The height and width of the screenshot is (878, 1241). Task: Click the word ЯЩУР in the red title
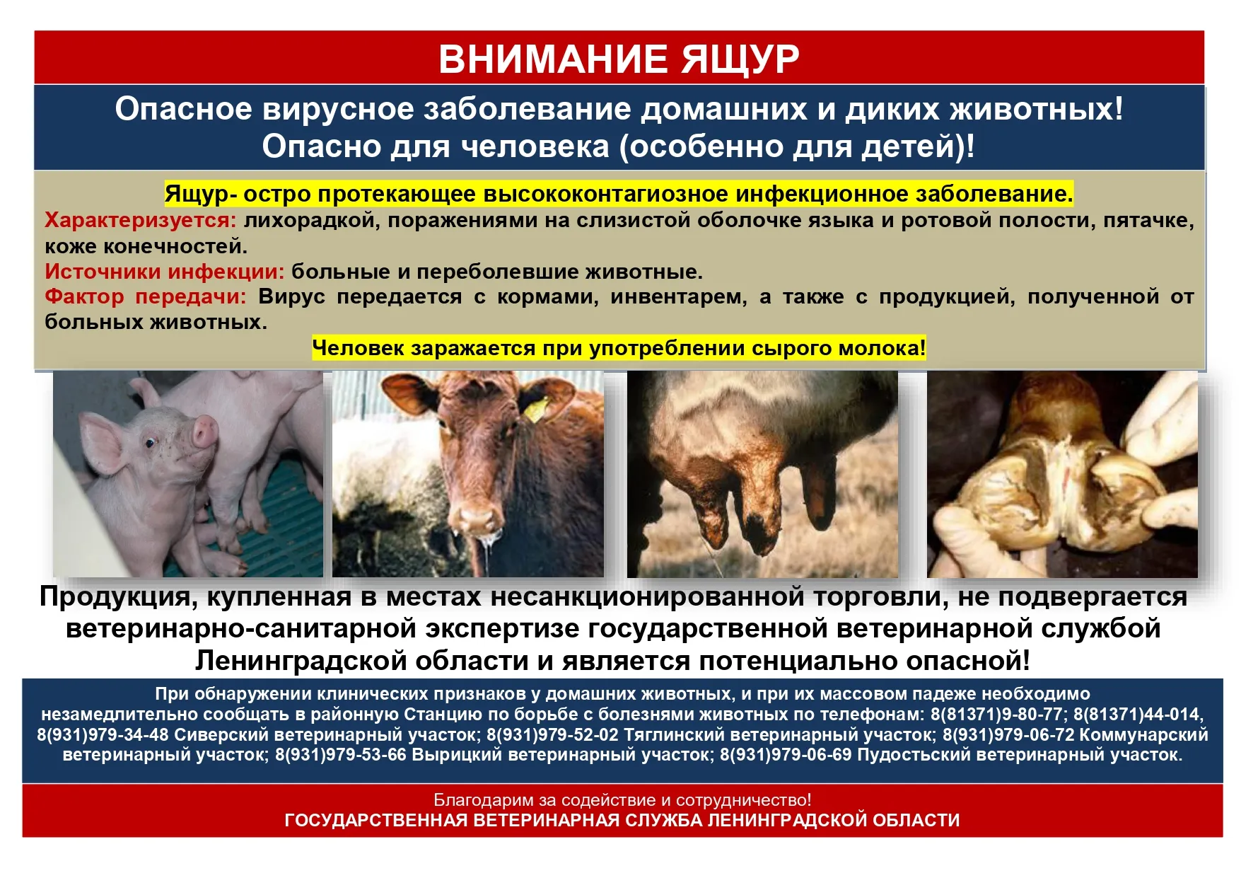[x=740, y=59]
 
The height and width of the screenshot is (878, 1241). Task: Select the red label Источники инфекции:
[x=165, y=272]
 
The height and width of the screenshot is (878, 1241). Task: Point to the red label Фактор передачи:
[x=146, y=297]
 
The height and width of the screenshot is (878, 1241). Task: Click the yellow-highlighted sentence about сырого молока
[x=619, y=348]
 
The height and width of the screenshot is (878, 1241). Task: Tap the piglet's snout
[x=204, y=431]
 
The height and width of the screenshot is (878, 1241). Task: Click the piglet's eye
[x=150, y=444]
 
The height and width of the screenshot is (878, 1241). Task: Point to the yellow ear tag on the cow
[x=540, y=408]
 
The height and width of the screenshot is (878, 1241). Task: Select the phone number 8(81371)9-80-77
[x=996, y=715]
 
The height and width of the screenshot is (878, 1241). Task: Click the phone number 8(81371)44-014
[x=1137, y=715]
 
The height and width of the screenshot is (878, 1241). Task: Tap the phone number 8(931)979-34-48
[x=103, y=735]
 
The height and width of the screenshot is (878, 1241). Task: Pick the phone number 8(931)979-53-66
[x=341, y=755]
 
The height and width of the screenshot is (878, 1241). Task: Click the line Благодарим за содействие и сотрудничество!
[x=622, y=800]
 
